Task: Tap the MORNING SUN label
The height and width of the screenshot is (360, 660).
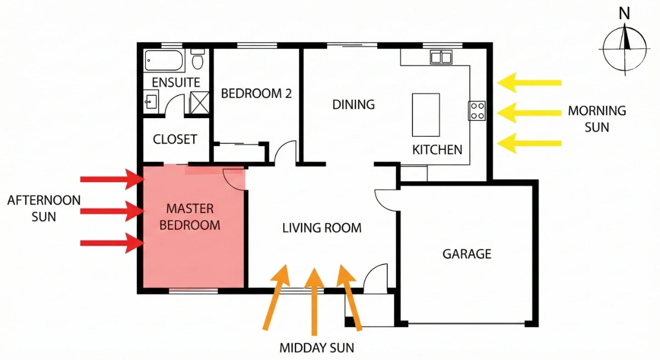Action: point(597,118)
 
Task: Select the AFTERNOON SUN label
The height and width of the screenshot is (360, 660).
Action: point(43,208)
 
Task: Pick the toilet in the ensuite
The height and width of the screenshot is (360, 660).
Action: point(197,59)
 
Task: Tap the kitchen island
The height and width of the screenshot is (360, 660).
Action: point(426,114)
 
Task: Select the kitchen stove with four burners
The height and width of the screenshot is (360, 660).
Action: point(477,111)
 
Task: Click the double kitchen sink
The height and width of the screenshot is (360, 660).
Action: point(442,57)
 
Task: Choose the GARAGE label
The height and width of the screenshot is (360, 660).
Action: point(466,254)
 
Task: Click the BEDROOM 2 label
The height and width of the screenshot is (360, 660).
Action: point(256,93)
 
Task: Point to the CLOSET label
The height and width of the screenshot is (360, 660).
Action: point(175,140)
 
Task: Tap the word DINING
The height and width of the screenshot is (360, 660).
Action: point(353,104)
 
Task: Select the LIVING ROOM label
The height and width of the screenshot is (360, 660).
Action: point(322,228)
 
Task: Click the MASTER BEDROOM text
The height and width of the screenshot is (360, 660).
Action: point(193,217)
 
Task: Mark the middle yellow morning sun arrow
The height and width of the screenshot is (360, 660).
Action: point(529,113)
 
